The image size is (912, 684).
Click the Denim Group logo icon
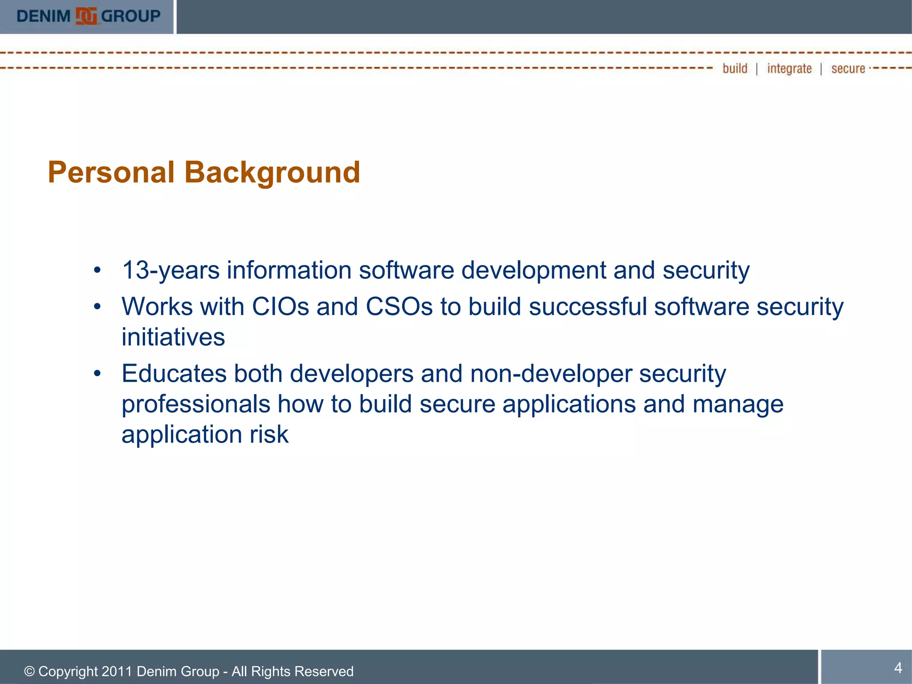pos(86,16)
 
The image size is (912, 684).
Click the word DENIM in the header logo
pos(44,16)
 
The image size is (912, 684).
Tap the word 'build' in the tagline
pos(735,69)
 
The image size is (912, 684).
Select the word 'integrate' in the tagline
pos(789,69)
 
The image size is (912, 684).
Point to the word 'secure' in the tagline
pos(848,69)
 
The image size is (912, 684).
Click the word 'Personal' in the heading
pos(111,172)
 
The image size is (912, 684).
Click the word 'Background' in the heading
pos(272,172)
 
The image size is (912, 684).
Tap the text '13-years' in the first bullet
pos(171,270)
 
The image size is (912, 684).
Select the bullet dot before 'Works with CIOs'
pos(98,307)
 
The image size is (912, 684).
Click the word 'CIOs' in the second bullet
pos(280,307)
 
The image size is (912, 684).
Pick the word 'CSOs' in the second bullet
pos(399,307)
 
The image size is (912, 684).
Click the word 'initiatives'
pos(173,337)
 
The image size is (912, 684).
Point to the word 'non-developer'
pos(551,373)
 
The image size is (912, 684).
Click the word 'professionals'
pos(196,404)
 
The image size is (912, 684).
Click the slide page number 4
pos(898,668)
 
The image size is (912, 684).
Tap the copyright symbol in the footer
pos(29,672)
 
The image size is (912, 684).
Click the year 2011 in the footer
pos(117,671)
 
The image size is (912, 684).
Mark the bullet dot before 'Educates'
pos(98,374)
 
